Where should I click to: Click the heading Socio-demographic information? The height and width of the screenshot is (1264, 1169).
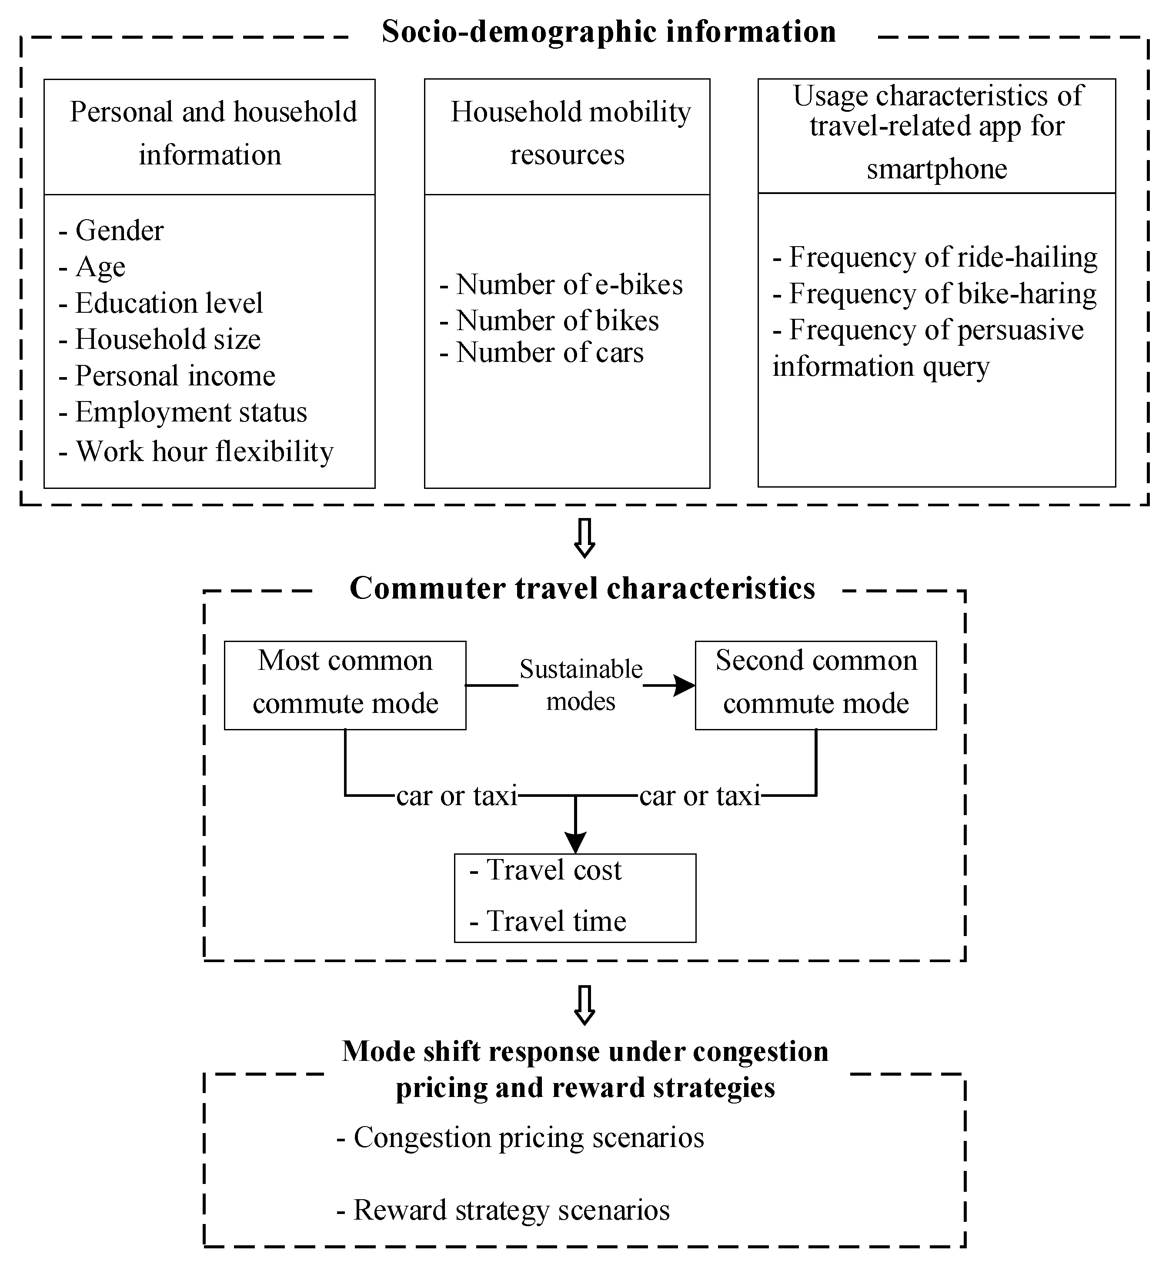click(608, 32)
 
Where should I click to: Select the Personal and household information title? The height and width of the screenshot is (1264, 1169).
click(210, 133)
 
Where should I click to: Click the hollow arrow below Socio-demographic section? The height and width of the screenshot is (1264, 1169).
click(584, 538)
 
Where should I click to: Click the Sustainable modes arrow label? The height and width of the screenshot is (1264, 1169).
click(581, 685)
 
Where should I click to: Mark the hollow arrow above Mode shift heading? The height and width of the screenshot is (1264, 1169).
click(584, 1005)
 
